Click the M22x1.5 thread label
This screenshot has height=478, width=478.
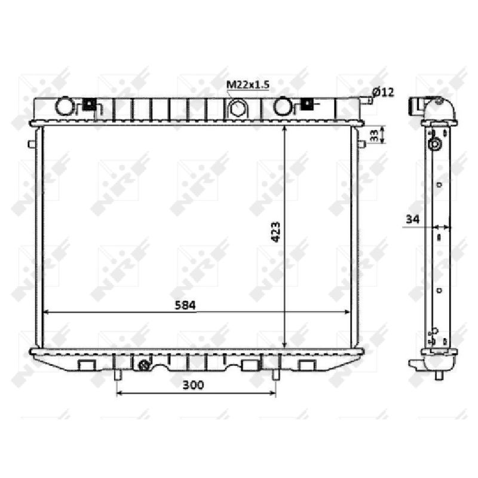coord(247,84)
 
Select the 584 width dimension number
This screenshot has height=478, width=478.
coord(185,305)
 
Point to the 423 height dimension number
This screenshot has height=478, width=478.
coord(275,232)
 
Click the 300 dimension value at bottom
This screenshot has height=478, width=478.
coord(193,385)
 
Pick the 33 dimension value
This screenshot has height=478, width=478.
coord(374,135)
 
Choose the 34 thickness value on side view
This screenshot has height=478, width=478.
coord(412,219)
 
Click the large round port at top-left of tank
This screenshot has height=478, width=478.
coord(65,106)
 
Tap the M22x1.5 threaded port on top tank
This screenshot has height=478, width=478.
coord(237,109)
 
